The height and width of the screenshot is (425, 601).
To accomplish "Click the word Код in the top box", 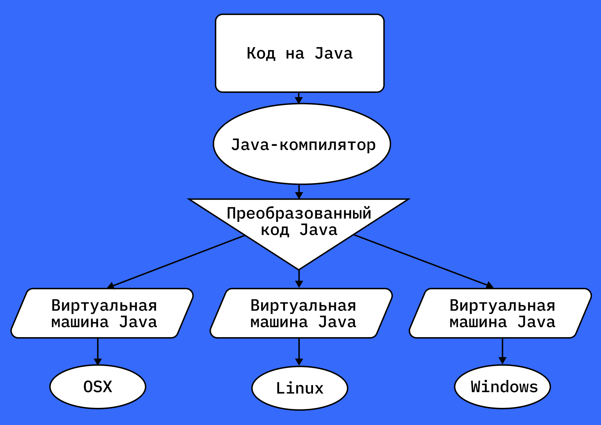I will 261,54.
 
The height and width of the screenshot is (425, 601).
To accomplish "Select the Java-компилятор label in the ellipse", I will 303,145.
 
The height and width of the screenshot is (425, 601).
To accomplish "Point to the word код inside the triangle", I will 275,230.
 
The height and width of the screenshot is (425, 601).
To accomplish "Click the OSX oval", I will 98,387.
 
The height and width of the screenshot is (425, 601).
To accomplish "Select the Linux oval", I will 300,388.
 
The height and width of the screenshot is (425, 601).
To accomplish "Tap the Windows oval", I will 502,387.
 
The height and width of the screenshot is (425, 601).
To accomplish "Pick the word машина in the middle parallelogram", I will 279,322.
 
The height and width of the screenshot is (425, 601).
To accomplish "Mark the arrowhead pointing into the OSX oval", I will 98,362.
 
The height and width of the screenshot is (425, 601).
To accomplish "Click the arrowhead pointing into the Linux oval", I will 299,362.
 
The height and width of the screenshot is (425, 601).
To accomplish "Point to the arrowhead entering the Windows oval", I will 502,361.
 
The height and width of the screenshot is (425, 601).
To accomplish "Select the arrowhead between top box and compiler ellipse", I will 299,100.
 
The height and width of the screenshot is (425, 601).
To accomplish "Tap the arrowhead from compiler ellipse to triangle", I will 299,195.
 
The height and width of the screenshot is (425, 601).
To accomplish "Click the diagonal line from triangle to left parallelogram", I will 178,261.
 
